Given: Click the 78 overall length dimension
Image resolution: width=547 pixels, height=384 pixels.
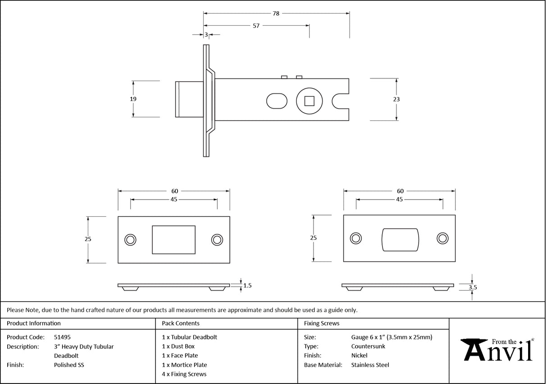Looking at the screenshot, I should [x=276, y=14].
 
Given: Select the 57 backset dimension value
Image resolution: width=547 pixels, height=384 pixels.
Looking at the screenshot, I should [x=256, y=26].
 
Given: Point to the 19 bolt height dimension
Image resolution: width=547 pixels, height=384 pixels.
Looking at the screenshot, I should [x=133, y=99].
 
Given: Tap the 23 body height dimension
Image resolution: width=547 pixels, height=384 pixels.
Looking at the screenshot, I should [x=397, y=99].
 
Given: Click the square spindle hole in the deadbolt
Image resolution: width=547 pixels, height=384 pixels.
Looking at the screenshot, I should [x=309, y=101].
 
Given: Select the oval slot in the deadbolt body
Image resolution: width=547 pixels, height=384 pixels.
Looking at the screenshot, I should [x=277, y=101].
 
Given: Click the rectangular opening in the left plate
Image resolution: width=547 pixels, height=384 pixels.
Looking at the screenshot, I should [x=173, y=240].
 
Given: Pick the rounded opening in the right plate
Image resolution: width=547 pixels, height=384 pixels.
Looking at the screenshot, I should [x=400, y=239].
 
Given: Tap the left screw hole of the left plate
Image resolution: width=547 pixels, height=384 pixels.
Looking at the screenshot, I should [x=130, y=239].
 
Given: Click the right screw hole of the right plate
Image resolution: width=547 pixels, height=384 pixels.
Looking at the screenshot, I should [x=442, y=238].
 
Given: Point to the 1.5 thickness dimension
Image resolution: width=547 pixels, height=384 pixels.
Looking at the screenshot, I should [x=247, y=285].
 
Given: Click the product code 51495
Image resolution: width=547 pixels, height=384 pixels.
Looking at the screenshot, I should [x=62, y=337].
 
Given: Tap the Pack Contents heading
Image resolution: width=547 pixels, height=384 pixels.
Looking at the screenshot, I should [x=180, y=323].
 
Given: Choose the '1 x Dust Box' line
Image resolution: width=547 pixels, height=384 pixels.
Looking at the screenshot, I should [x=178, y=347].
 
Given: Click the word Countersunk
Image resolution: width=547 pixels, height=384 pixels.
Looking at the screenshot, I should [x=368, y=347].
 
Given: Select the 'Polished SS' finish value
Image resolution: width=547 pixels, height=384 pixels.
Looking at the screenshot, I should [x=69, y=365].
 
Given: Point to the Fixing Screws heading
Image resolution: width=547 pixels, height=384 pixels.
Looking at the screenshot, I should [x=322, y=323].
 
